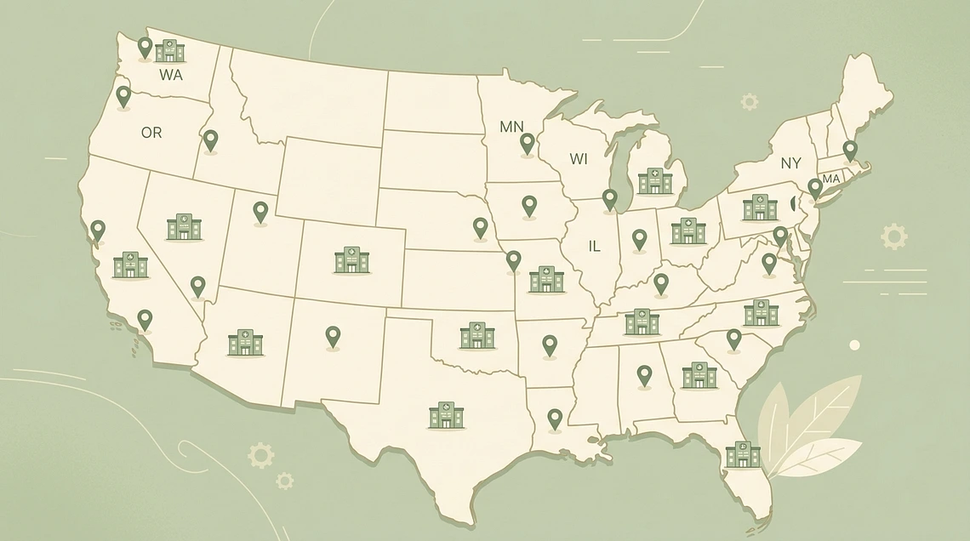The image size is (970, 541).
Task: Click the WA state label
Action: click(171, 74)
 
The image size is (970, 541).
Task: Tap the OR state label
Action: click(151, 133)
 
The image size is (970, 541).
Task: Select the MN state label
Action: click(511, 127)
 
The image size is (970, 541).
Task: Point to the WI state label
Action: click(579, 159)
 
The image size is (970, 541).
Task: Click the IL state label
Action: click(595, 246)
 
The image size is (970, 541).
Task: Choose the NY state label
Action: click(791, 162)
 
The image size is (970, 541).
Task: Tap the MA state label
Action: click(830, 179)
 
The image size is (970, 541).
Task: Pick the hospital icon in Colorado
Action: click(351, 260)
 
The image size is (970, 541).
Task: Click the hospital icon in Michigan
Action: click(654, 180)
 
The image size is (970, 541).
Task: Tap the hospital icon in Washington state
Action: click(170, 51)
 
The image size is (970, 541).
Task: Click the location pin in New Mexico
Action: click(333, 337)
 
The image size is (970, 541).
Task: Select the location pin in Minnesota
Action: click(528, 144)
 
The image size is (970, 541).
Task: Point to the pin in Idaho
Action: click(210, 140)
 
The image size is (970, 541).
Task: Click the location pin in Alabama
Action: click(644, 375)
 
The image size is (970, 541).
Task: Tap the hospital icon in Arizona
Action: click(245, 342)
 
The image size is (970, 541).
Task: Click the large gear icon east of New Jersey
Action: click(893, 236)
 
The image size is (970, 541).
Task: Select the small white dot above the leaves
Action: click(854, 345)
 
